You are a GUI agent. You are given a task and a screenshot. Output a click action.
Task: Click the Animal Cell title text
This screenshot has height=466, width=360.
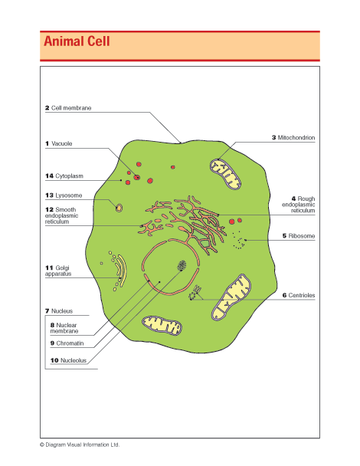[77, 41]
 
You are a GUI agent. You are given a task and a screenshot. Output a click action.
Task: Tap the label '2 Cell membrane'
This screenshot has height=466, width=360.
[68, 108]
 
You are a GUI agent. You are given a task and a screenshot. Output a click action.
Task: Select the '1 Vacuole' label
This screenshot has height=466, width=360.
[59, 143]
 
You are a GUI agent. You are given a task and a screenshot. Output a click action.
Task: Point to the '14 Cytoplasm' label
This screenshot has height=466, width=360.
[64, 176]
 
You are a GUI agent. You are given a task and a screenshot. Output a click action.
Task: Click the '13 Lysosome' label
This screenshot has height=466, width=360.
[64, 195]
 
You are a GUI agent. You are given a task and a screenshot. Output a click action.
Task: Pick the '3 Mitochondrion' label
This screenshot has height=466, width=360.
[293, 138]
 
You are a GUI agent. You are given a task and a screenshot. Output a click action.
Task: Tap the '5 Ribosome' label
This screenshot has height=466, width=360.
[299, 235]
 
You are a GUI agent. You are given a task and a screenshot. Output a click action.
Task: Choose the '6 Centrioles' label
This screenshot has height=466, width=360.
[299, 295]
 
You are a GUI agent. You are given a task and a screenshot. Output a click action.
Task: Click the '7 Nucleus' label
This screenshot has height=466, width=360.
[59, 311]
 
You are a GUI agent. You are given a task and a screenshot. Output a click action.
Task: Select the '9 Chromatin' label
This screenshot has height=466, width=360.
[67, 343]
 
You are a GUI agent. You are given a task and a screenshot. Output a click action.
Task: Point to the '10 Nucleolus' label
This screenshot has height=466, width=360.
[68, 360]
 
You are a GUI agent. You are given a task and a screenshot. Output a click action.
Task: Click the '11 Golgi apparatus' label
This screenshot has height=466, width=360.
[58, 271]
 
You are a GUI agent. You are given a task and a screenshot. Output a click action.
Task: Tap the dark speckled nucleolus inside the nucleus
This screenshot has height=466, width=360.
[182, 265]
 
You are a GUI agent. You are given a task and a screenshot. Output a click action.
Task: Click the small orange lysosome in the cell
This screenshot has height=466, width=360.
[119, 208]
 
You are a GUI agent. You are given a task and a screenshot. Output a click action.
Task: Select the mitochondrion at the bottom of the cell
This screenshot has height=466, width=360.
[162, 326]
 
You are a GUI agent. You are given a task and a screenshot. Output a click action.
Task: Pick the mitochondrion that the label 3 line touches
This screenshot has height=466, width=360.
[225, 174]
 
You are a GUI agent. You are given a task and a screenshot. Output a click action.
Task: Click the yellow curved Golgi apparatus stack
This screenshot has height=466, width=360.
[121, 270]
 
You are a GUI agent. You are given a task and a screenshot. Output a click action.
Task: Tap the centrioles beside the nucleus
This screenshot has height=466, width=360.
[195, 293]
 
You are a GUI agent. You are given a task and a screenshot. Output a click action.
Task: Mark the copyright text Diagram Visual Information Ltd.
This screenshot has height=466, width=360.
[80, 445]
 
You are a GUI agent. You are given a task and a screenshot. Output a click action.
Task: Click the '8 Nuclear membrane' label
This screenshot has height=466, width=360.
[64, 328]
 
